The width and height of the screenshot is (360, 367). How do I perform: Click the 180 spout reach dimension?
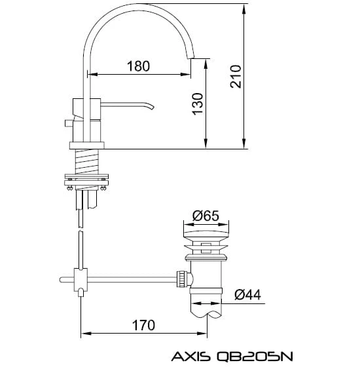[x=138, y=66]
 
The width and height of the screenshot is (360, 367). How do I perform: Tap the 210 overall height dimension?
[x=236, y=77]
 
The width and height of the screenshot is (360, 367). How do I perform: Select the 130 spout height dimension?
[x=198, y=104]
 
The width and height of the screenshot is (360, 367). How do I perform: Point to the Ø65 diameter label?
[x=206, y=216]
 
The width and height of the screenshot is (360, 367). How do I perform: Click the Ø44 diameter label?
[x=247, y=295]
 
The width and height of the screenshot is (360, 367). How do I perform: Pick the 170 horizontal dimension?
[x=143, y=325]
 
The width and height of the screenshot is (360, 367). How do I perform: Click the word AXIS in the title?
[x=190, y=357]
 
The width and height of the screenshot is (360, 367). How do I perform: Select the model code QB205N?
[x=255, y=357]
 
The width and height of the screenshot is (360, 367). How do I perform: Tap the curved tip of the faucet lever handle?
[x=151, y=107]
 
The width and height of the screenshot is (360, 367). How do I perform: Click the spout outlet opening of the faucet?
[x=190, y=58]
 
